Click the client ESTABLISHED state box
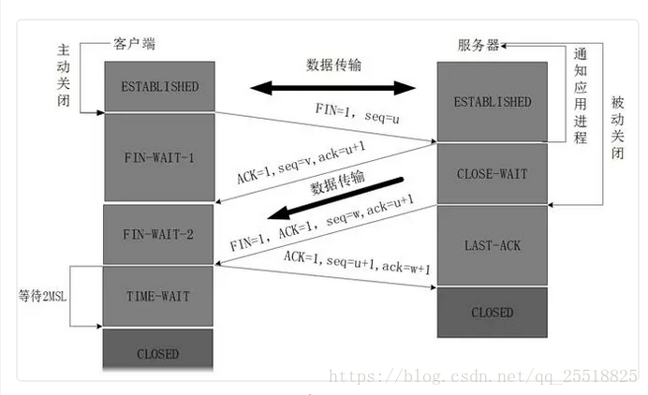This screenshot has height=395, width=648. (159, 86)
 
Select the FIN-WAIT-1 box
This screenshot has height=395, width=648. (159, 156)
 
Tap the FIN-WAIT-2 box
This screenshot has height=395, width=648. (159, 233)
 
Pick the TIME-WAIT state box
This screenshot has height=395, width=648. (159, 296)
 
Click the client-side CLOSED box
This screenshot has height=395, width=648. (159, 354)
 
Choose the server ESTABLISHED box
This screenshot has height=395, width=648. (493, 101)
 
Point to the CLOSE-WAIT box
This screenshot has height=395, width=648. (493, 173)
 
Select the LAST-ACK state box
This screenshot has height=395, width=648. (493, 245)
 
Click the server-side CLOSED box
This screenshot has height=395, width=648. (493, 312)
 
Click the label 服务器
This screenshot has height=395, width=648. (478, 45)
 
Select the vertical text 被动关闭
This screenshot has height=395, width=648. (617, 126)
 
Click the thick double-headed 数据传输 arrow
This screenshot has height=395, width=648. (332, 89)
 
